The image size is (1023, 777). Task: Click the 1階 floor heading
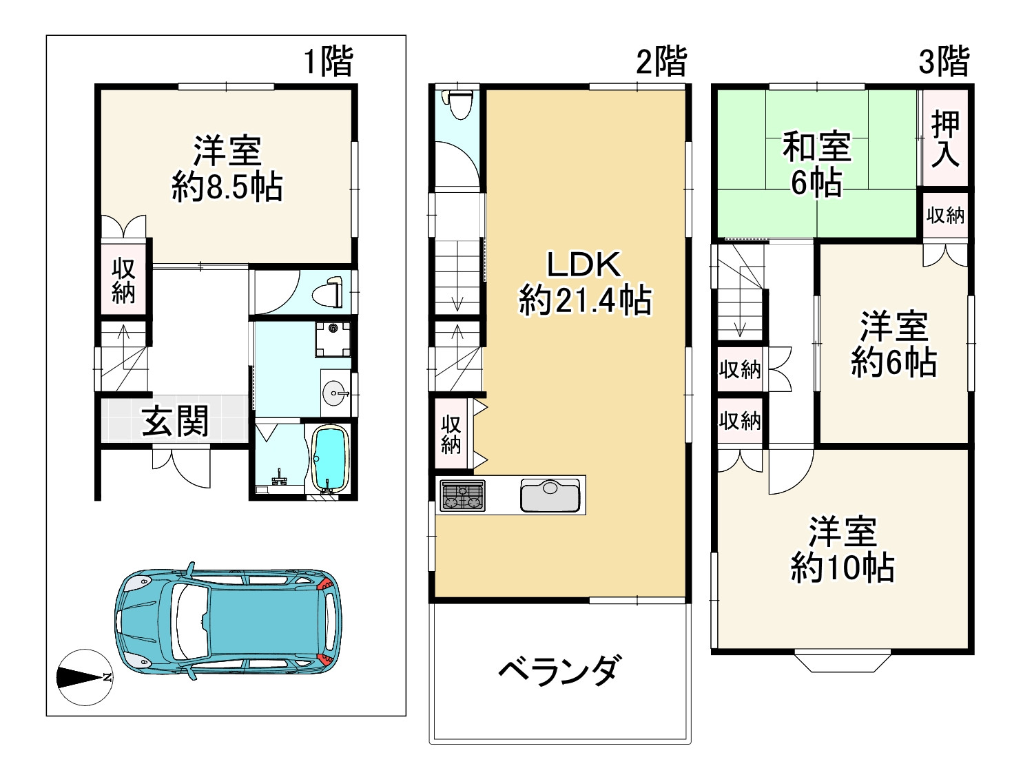(329, 61)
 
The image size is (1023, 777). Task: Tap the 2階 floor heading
(661, 61)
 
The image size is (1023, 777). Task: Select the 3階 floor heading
(944, 61)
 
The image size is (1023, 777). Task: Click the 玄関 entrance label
(175, 421)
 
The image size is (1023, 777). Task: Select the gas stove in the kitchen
(462, 495)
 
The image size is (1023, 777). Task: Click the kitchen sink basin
(550, 495)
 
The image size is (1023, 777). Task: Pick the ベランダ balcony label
(559, 670)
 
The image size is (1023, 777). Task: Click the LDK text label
(584, 265)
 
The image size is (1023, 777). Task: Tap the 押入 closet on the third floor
(945, 140)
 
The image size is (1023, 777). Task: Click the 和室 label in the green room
(817, 147)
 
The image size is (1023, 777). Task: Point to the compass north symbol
(83, 678)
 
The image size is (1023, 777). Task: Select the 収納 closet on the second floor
(451, 434)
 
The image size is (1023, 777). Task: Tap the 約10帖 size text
(842, 569)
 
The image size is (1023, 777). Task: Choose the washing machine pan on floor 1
(333, 339)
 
